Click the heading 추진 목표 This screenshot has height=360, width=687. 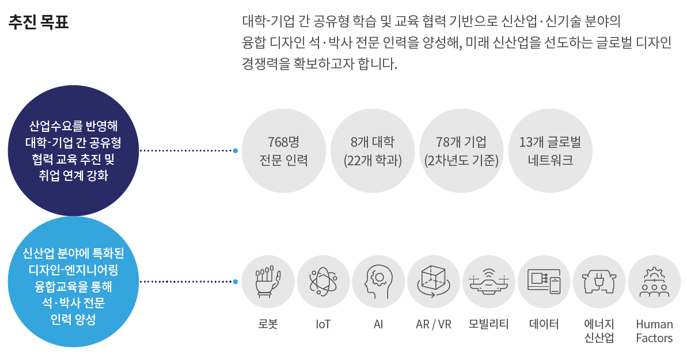(39, 22)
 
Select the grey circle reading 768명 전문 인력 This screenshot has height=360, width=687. (283, 151)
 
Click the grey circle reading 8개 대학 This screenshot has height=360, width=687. (372, 151)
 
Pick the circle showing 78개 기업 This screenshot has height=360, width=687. (461, 151)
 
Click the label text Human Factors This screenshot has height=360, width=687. (654, 331)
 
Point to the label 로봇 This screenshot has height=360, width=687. (268, 324)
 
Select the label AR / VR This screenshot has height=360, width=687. (433, 324)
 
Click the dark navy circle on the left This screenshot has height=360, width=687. (74, 150)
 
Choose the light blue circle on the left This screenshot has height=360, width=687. (74, 282)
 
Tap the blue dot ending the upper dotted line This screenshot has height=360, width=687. (236, 151)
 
